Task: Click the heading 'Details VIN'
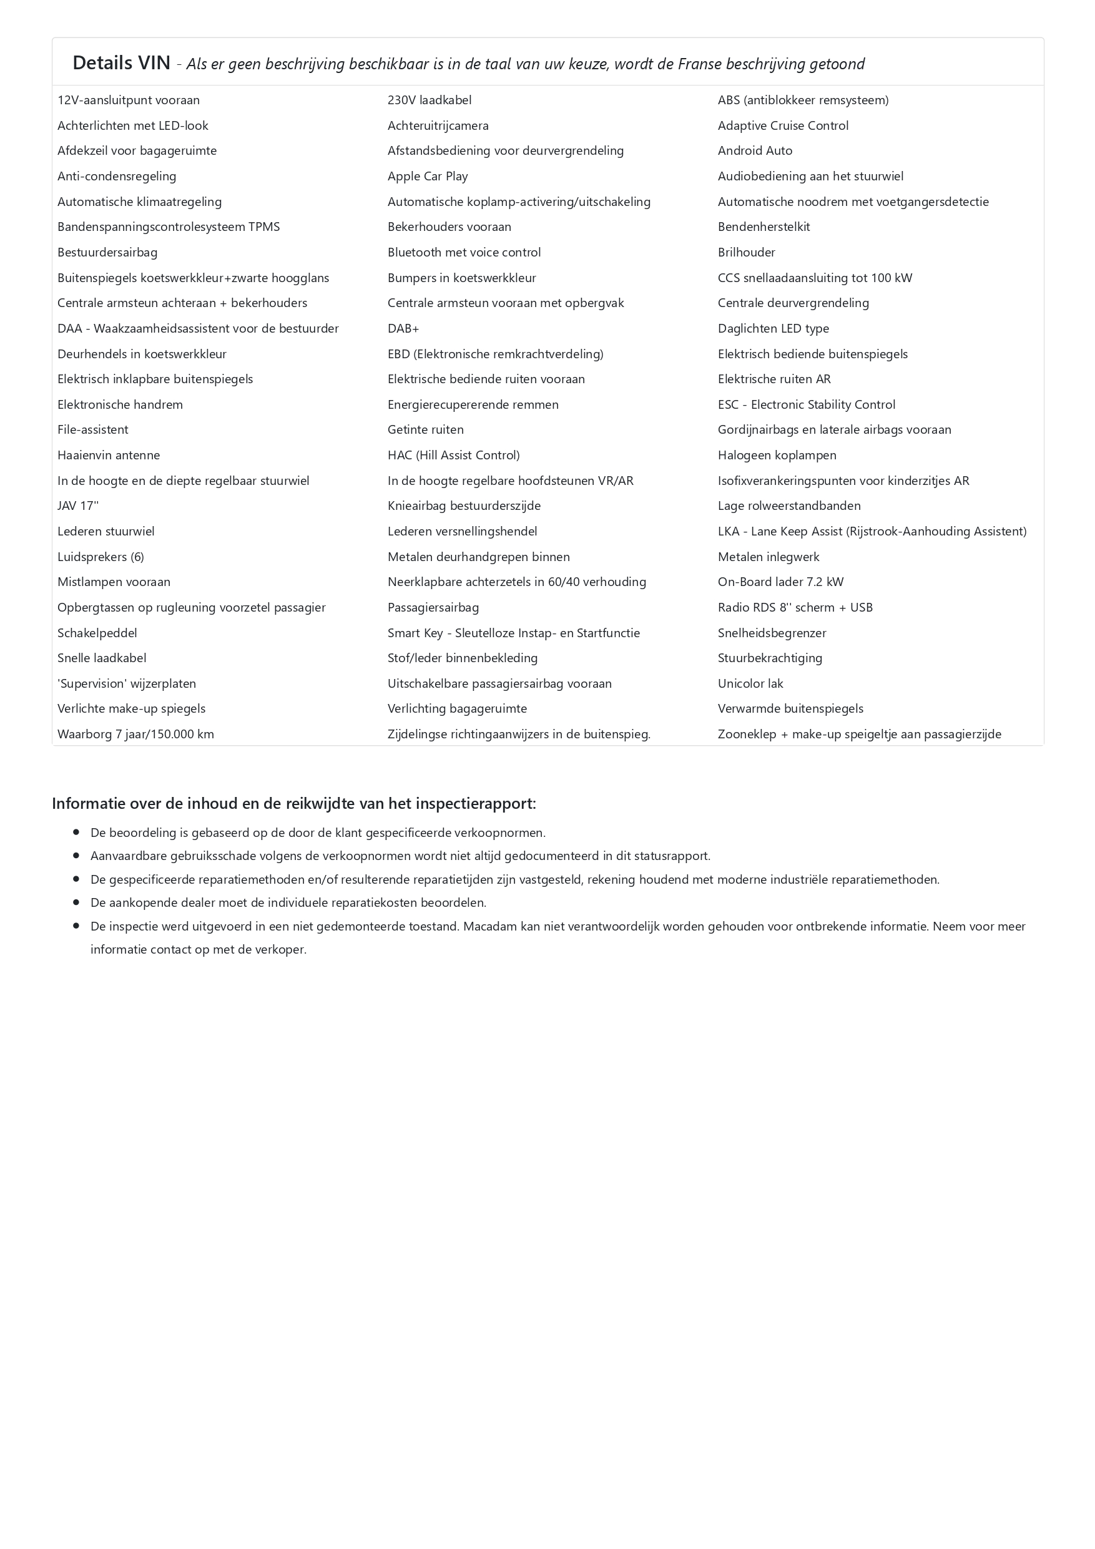(122, 63)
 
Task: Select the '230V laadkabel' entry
(429, 100)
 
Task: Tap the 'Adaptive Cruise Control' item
(783, 125)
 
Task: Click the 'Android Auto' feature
(754, 150)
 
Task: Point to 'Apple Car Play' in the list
(427, 176)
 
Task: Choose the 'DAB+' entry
(403, 328)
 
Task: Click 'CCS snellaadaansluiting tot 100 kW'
(814, 278)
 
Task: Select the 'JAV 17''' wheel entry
(77, 506)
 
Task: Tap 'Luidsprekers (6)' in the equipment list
(101, 557)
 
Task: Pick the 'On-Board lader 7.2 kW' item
(780, 582)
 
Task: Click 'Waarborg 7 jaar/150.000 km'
(135, 734)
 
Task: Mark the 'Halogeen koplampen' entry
(777, 456)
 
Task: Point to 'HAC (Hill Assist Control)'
(453, 456)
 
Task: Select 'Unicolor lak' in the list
(750, 683)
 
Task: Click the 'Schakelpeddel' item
(97, 633)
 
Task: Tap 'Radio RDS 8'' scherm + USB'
(795, 607)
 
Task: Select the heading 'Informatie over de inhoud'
(293, 803)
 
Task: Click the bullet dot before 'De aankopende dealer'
(76, 902)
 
